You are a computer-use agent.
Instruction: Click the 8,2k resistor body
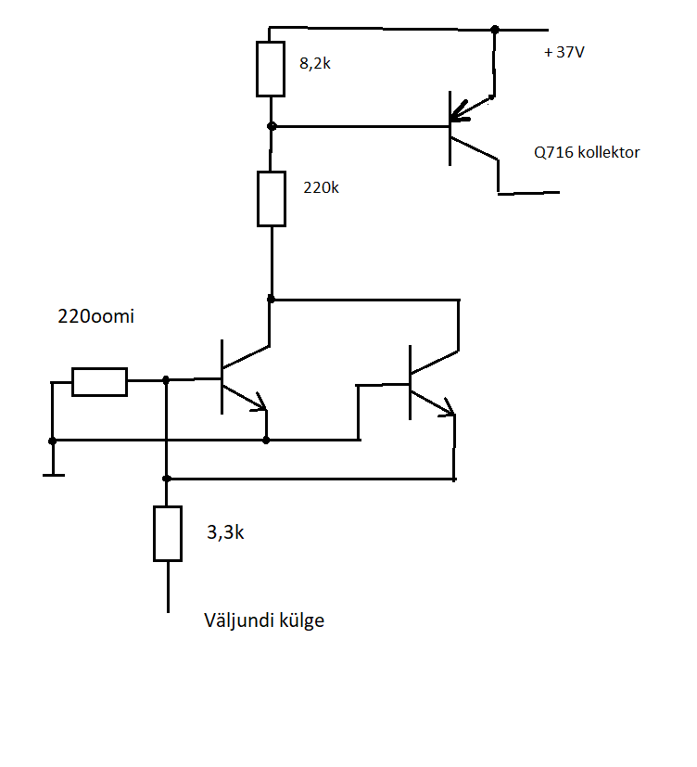271,69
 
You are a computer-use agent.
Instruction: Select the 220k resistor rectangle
272,198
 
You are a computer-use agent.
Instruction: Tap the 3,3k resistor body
168,533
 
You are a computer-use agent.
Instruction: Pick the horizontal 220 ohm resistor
100,382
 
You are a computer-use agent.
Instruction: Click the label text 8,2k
315,63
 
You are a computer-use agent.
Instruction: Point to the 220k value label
321,187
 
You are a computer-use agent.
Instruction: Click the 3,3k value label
225,532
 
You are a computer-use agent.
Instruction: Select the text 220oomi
95,316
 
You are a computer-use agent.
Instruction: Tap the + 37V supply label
564,52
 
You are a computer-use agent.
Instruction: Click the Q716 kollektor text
587,152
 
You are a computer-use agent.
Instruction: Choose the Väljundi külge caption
264,620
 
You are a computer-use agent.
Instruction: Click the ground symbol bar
54,475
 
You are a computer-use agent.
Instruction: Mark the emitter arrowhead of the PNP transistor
459,113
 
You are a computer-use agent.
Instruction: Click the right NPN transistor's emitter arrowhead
447,407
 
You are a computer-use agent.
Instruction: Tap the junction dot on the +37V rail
495,30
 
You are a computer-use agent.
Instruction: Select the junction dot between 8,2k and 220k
272,126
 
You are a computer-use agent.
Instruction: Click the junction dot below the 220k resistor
271,299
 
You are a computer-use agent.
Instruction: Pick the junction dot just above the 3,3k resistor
166,479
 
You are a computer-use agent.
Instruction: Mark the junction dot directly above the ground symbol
52,441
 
